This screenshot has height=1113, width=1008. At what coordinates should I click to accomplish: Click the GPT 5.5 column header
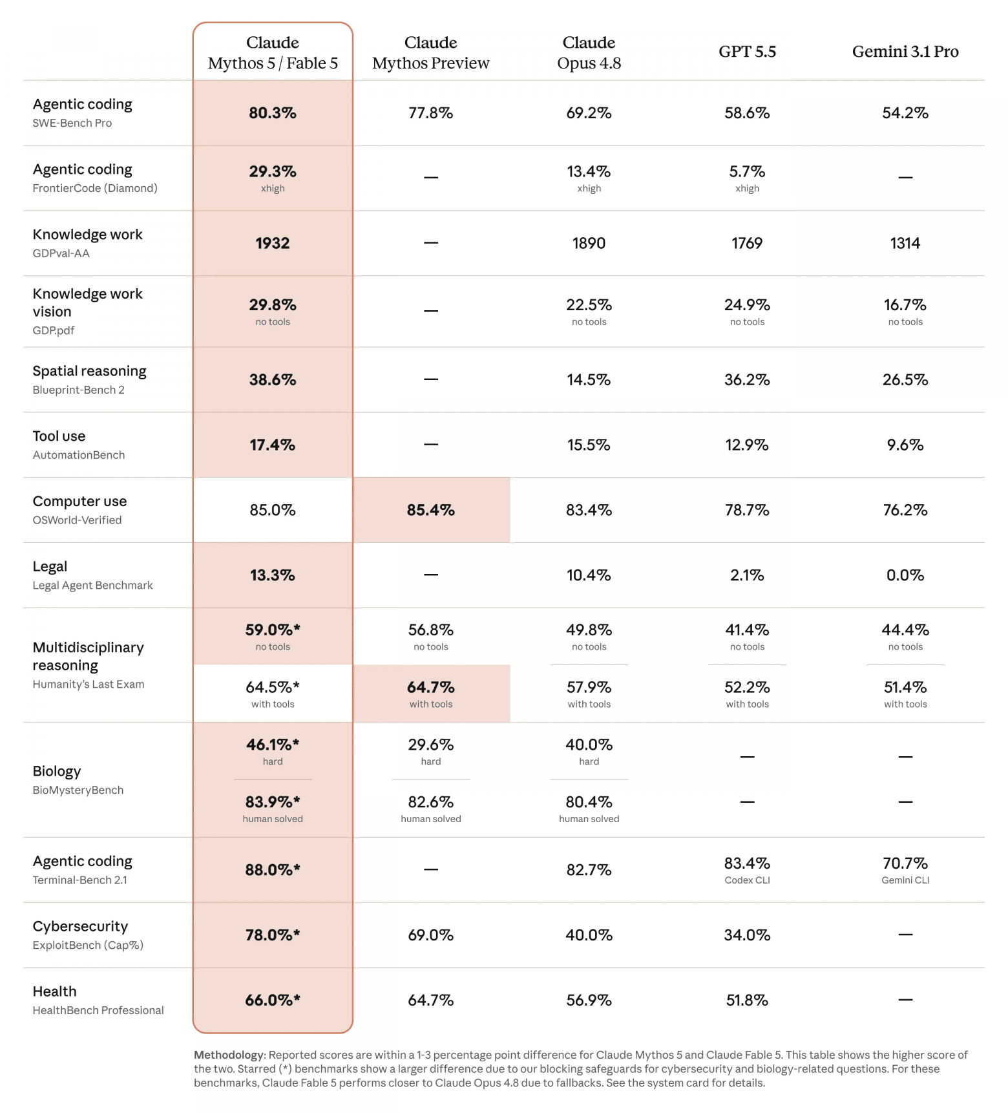click(747, 52)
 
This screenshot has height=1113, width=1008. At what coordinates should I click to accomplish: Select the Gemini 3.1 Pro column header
click(905, 52)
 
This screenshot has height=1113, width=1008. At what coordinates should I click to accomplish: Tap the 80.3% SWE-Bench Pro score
click(273, 113)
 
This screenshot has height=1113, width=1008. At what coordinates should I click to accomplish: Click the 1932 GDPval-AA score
click(273, 243)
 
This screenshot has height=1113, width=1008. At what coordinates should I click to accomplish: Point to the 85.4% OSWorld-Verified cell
click(431, 510)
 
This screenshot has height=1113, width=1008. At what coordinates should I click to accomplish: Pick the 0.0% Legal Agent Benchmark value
click(905, 575)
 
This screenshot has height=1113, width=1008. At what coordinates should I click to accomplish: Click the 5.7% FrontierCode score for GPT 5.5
click(747, 171)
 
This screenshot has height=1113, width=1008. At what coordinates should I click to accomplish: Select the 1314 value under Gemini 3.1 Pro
click(905, 243)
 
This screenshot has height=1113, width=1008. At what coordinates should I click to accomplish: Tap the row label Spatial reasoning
click(90, 371)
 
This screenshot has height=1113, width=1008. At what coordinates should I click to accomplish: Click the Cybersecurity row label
click(80, 926)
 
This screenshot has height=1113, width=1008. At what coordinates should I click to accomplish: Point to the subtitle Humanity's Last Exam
click(89, 684)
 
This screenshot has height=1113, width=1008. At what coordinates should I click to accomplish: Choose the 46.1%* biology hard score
click(273, 745)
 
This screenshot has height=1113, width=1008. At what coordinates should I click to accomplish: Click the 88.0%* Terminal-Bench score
click(273, 870)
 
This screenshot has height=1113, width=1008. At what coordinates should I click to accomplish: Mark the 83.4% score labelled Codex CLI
click(747, 864)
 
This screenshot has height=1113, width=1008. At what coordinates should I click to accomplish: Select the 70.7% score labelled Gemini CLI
click(905, 864)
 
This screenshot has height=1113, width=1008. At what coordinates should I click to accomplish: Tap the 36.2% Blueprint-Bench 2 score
click(747, 379)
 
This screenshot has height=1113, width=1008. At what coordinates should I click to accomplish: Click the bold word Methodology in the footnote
click(229, 1055)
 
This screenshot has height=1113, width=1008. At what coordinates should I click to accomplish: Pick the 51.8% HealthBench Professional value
click(747, 1001)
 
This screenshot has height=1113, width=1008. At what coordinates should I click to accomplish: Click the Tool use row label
click(59, 436)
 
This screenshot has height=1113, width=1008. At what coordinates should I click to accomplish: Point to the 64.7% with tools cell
click(431, 693)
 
